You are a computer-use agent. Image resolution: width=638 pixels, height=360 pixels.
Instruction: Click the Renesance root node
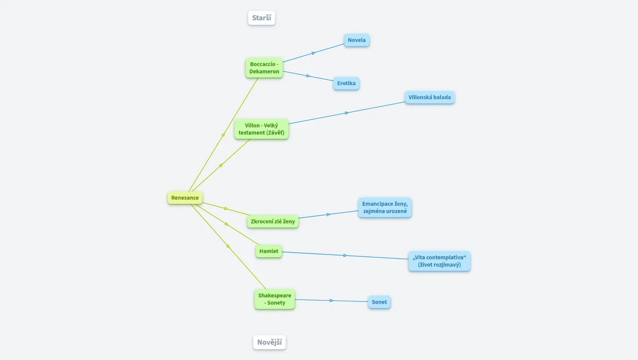(x=185, y=198)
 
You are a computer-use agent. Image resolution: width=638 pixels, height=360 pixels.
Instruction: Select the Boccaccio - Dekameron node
(x=264, y=68)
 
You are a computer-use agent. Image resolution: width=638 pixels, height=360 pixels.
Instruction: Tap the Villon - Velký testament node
(x=261, y=129)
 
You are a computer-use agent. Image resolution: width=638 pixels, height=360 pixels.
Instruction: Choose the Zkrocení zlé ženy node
(x=273, y=221)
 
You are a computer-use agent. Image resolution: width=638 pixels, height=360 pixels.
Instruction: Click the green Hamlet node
(x=269, y=251)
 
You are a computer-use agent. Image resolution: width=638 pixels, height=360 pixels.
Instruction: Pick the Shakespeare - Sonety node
(x=274, y=299)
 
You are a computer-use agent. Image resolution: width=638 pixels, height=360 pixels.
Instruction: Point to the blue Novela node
(x=357, y=40)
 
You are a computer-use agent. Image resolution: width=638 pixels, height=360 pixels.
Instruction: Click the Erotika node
(x=346, y=83)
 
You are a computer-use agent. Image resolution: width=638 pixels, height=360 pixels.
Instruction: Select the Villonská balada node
(x=429, y=97)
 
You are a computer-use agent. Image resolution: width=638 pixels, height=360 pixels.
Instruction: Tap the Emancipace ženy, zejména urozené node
(x=385, y=208)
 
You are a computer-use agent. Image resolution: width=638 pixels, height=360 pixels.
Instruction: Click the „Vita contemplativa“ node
(x=439, y=261)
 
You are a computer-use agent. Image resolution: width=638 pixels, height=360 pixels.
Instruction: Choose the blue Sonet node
(x=379, y=302)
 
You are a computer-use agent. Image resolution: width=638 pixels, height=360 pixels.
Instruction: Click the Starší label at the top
(x=261, y=18)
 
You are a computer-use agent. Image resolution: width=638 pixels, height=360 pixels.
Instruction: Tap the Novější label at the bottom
(x=269, y=343)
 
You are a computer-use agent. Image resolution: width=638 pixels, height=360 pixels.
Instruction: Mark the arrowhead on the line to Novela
(x=313, y=53)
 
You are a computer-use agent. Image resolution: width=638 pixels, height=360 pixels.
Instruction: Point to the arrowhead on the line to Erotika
(x=308, y=76)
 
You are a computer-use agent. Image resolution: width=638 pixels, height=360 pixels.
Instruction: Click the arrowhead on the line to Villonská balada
(x=347, y=113)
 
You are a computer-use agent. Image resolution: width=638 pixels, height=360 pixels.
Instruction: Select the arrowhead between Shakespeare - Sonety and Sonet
(x=332, y=300)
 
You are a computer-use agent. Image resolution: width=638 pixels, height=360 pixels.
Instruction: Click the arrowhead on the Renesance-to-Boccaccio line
(x=223, y=135)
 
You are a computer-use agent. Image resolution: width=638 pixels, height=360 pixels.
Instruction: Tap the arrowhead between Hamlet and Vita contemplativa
(x=345, y=255)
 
